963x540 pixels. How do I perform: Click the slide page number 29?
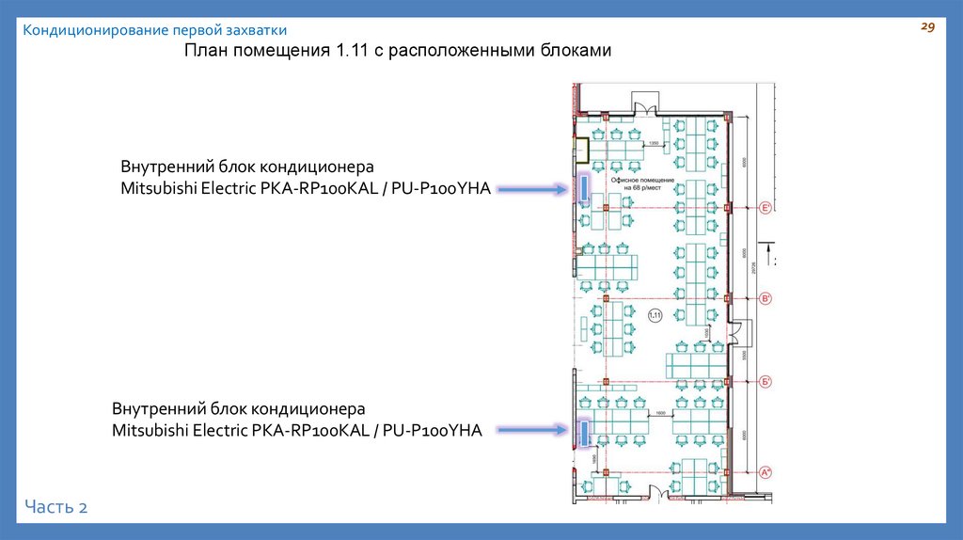926,29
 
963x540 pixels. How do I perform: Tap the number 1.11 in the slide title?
353,51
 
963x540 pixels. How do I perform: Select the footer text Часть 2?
56,507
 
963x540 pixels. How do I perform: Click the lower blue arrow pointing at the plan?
532,431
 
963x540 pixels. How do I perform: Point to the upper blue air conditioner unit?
584,186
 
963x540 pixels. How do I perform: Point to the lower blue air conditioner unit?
583,433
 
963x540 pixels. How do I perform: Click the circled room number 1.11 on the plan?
655,315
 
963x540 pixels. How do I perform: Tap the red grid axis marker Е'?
766,208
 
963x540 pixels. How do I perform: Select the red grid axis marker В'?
766,299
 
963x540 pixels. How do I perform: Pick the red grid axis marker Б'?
766,381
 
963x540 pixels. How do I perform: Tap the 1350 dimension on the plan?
655,143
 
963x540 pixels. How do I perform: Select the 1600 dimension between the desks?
660,412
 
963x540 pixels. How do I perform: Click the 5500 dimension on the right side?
744,357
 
